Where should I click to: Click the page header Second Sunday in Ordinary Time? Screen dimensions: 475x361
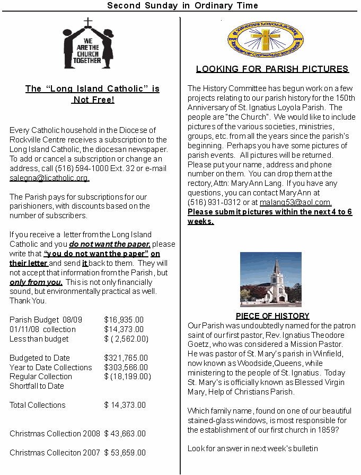coord(182,6)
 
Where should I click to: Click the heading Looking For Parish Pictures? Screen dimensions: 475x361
coord(272,69)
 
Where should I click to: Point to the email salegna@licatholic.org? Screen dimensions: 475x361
coord(49,178)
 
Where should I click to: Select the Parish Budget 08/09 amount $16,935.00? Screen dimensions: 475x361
coord(124,320)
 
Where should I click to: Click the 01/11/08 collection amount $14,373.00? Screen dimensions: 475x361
coord(124,329)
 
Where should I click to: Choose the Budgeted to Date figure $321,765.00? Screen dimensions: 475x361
coord(126,358)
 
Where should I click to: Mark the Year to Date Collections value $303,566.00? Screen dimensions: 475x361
coord(126,368)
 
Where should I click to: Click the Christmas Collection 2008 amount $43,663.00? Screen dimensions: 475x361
coord(125,434)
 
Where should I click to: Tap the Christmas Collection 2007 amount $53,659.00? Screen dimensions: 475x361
coord(125,453)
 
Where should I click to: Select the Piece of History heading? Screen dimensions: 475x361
coord(272,316)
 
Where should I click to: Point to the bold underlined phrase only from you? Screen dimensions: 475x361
coord(36,282)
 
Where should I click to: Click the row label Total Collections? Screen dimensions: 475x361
coord(38,405)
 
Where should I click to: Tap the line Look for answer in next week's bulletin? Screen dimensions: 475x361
coord(252,449)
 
